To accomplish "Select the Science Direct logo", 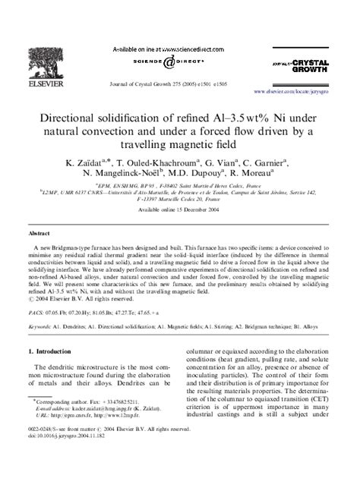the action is click(180, 63).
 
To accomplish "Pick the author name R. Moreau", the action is click(261, 177).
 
